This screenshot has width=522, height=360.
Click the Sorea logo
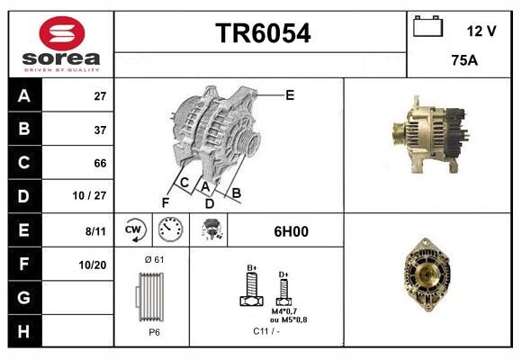point(61,43)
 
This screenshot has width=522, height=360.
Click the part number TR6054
point(262,34)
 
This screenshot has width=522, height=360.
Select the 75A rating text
point(465,60)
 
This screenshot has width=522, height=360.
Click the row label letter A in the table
point(23,95)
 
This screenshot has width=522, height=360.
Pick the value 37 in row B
point(100,130)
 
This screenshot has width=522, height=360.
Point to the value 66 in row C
point(100,163)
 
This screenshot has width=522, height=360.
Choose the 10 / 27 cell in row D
point(94,196)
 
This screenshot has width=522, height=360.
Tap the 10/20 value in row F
point(94,265)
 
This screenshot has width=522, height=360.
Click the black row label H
point(23,331)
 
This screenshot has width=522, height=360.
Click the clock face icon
point(170,230)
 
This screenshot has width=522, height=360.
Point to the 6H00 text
point(291,231)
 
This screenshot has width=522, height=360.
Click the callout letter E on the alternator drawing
point(290,94)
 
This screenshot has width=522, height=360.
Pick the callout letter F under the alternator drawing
point(165,202)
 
